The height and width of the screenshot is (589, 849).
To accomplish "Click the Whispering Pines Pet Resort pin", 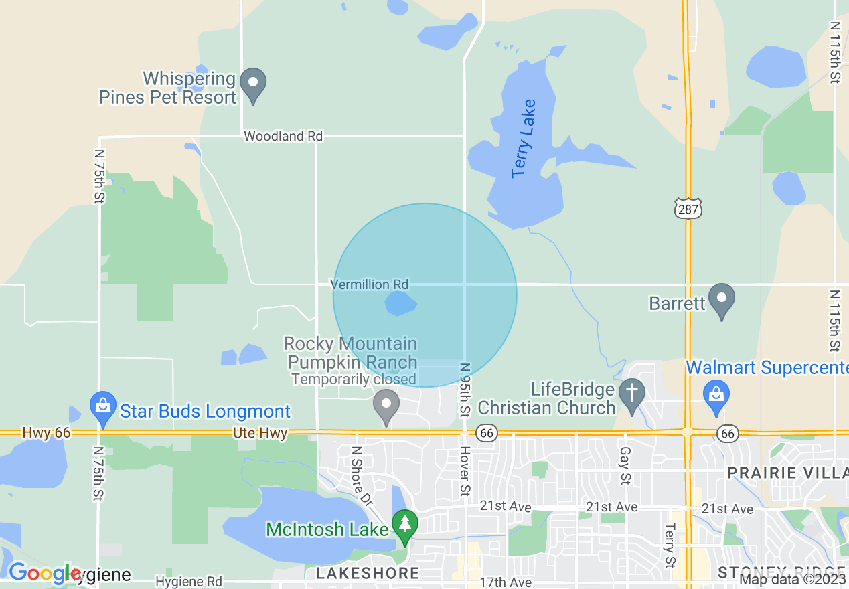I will (x=253, y=84).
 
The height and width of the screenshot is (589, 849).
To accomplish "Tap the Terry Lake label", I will (x=524, y=139).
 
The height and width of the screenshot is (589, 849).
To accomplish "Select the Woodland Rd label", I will (x=283, y=136).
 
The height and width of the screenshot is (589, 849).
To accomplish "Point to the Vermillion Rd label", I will (x=370, y=284).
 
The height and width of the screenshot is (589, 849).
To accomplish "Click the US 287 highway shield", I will (x=688, y=207).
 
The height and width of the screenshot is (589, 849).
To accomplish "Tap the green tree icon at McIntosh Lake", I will (x=404, y=526).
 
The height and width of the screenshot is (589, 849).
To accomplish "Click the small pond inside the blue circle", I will (x=400, y=304).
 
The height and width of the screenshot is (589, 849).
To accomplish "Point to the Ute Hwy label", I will (x=260, y=434).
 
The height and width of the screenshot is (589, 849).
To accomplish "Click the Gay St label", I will (x=625, y=466).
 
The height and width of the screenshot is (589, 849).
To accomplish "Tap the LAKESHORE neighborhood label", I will (x=368, y=573).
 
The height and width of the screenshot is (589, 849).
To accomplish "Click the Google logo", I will (x=44, y=574).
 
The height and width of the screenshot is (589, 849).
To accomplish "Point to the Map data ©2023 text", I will (x=792, y=580).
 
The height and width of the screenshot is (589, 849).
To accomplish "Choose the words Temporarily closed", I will (x=353, y=380).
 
